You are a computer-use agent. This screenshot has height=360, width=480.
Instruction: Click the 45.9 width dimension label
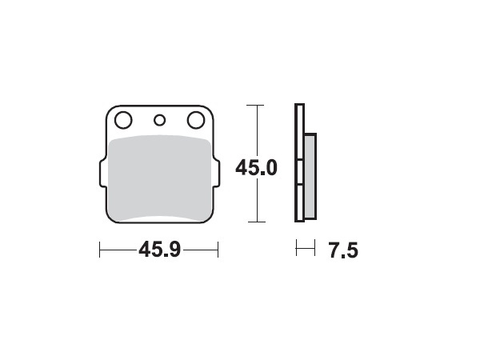[158, 250]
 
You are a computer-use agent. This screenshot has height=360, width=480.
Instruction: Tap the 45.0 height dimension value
[256, 169]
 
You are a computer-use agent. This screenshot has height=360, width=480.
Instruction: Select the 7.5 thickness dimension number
[342, 251]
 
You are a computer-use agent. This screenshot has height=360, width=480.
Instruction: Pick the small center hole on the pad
[159, 121]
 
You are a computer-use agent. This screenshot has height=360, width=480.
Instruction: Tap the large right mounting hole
[195, 121]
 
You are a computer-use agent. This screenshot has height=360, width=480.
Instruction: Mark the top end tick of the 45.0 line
[255, 105]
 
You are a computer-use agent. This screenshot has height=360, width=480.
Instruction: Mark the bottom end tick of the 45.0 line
[255, 222]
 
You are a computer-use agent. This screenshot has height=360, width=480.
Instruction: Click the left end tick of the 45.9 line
[99, 250]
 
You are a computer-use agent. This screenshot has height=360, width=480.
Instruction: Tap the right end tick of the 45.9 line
[218, 250]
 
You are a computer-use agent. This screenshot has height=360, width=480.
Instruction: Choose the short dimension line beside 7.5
[305, 250]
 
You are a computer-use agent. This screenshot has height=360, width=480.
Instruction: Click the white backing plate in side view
[299, 164]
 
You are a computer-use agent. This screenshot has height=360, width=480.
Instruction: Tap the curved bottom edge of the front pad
[158, 218]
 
